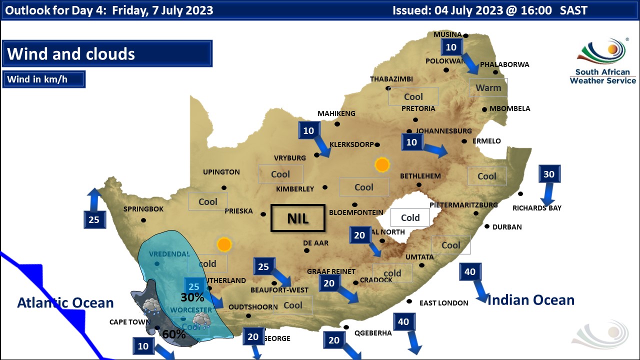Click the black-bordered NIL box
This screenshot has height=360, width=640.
point(297,218)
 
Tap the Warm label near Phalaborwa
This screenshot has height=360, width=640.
point(488,87)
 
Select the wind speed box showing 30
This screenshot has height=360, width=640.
point(549,174)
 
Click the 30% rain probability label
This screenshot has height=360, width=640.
point(192,297)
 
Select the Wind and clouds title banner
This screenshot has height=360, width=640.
point(107,53)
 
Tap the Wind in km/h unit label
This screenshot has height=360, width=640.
point(43,79)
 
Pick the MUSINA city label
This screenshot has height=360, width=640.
point(447,34)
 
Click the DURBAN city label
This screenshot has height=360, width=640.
point(507,227)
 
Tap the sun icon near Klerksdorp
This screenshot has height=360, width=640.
point(382,164)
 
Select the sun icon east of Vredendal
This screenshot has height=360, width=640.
point(224,244)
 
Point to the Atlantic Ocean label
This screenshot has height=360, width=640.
point(65,302)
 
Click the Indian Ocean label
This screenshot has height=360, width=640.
point(530,299)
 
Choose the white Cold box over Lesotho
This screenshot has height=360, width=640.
point(410,217)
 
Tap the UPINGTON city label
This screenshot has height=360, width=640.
point(221,172)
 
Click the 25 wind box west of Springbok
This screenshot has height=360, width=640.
point(94,219)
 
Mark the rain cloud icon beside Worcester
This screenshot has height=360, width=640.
point(201,320)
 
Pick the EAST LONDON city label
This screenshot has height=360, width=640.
point(443,303)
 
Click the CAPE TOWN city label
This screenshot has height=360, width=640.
point(129,322)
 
